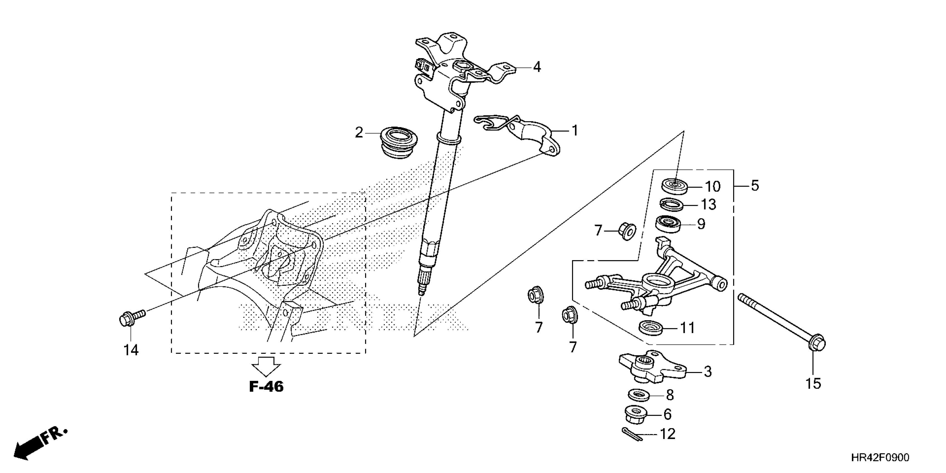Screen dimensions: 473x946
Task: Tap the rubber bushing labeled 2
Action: click(x=398, y=142)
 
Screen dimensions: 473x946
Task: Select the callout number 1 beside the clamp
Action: click(x=575, y=131)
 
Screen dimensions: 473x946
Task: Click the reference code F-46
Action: click(x=266, y=386)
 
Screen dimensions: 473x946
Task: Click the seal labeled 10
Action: click(x=675, y=186)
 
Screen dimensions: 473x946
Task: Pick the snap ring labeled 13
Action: click(x=672, y=205)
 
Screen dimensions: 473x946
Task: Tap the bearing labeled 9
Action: click(x=668, y=224)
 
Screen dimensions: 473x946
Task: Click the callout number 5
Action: click(x=755, y=186)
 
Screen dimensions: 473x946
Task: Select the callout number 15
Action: click(x=813, y=384)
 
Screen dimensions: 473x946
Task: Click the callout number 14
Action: click(x=131, y=350)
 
